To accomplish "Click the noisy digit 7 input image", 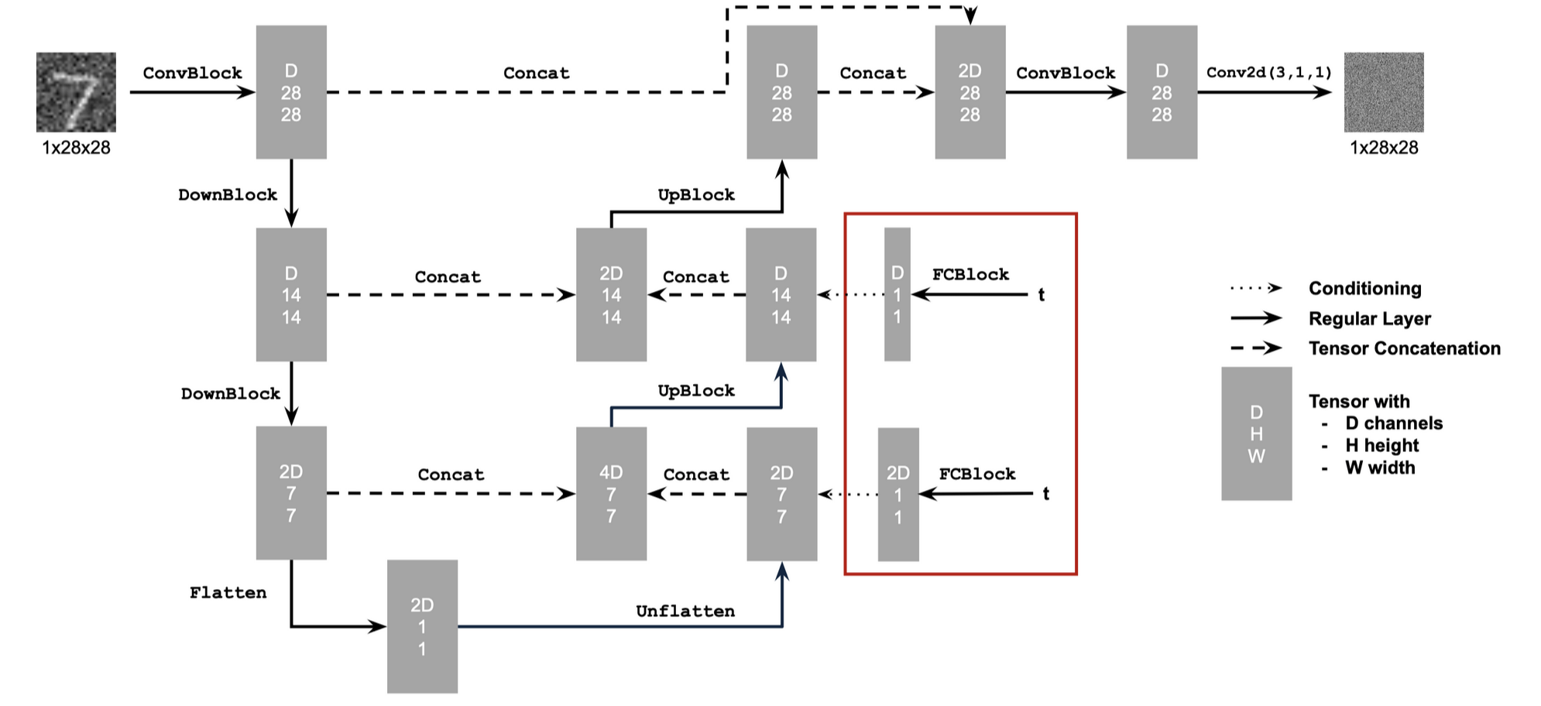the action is click(x=76, y=92).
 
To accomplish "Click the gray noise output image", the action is click(x=1384, y=92).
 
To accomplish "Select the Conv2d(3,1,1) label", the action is click(x=1269, y=72).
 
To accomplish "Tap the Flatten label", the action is click(x=228, y=593).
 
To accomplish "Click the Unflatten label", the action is click(x=685, y=612).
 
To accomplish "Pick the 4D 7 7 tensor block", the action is click(x=611, y=494).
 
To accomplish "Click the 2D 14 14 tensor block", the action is click(x=611, y=294).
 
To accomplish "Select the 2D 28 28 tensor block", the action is click(x=970, y=92).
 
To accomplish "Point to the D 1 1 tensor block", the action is click(x=897, y=294).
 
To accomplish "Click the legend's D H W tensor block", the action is click(x=1257, y=434).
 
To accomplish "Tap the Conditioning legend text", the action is click(x=1365, y=289).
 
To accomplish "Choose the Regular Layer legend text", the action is click(x=1370, y=319).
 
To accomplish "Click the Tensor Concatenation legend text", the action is click(x=1405, y=348).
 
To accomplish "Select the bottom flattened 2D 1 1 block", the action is click(x=422, y=626).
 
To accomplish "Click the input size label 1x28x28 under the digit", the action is click(x=76, y=148).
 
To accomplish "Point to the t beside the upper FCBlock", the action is click(x=1042, y=295).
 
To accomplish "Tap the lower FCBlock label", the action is click(x=977, y=474).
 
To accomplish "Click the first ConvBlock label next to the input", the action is click(x=193, y=73).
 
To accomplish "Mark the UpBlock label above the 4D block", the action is click(x=696, y=391).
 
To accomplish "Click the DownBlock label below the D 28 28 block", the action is click(x=228, y=195).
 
